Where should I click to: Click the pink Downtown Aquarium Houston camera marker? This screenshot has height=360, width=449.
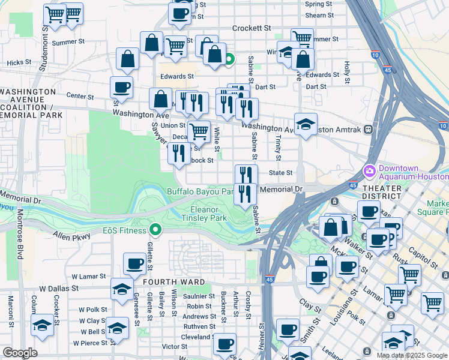tap(369, 171)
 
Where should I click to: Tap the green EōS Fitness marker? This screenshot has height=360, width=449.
tap(156, 229)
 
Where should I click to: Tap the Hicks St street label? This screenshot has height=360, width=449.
tap(19, 62)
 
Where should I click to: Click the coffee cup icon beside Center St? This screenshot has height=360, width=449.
tap(121, 88)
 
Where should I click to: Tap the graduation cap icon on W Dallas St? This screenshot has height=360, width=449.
tap(122, 289)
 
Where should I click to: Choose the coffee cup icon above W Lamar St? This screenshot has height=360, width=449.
tap(134, 263)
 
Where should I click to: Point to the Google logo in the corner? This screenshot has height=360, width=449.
tap(20, 353)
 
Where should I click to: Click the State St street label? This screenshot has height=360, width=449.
tap(280, 173)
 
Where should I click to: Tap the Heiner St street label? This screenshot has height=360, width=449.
tap(262, 336)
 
